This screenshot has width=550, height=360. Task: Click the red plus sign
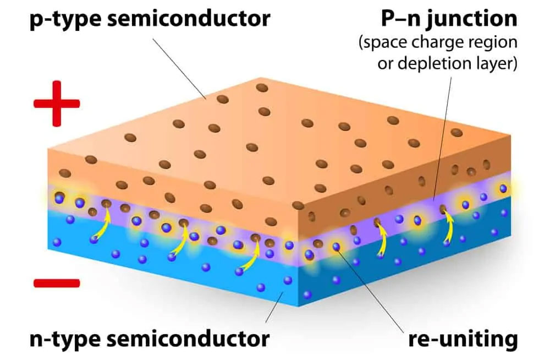(57, 103)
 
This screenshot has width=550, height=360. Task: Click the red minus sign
(57, 283)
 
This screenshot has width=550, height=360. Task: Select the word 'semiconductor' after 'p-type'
(189, 18)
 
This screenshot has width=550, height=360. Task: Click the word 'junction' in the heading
(472, 19)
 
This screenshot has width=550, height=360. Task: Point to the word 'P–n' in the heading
(400, 19)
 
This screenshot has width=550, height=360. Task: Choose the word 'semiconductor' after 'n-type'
(189, 339)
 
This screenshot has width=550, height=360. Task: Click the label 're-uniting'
(463, 339)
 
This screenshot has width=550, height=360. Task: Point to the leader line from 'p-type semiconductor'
(179, 68)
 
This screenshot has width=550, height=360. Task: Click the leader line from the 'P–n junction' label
(443, 139)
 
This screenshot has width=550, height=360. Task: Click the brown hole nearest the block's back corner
(262, 88)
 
